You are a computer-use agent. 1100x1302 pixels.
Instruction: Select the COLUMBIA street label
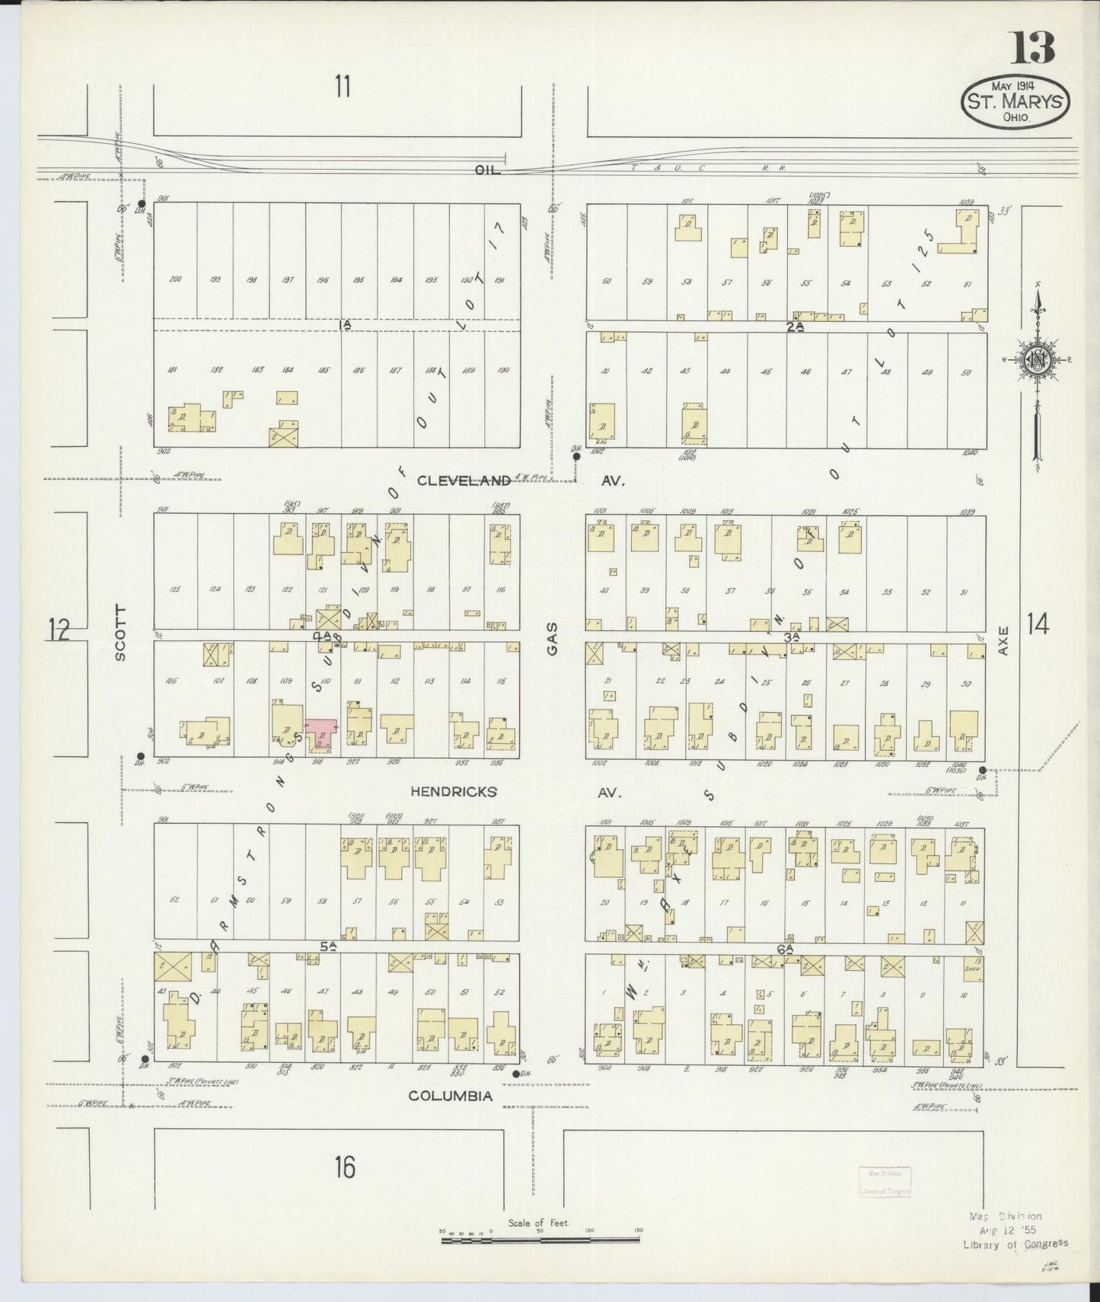450,1096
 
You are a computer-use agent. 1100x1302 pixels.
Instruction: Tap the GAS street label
552,637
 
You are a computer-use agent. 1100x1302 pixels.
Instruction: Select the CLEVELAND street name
463,480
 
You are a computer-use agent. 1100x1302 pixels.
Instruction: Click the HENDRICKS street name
453,792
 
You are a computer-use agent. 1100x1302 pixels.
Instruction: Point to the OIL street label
486,171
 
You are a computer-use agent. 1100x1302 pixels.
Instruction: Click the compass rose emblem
1038,361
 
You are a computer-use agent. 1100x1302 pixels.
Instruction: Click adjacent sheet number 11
342,86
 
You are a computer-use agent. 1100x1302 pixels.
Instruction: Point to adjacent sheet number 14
1037,624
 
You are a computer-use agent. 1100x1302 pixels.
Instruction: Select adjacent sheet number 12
59,630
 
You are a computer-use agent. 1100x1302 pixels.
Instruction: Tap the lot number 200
175,279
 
